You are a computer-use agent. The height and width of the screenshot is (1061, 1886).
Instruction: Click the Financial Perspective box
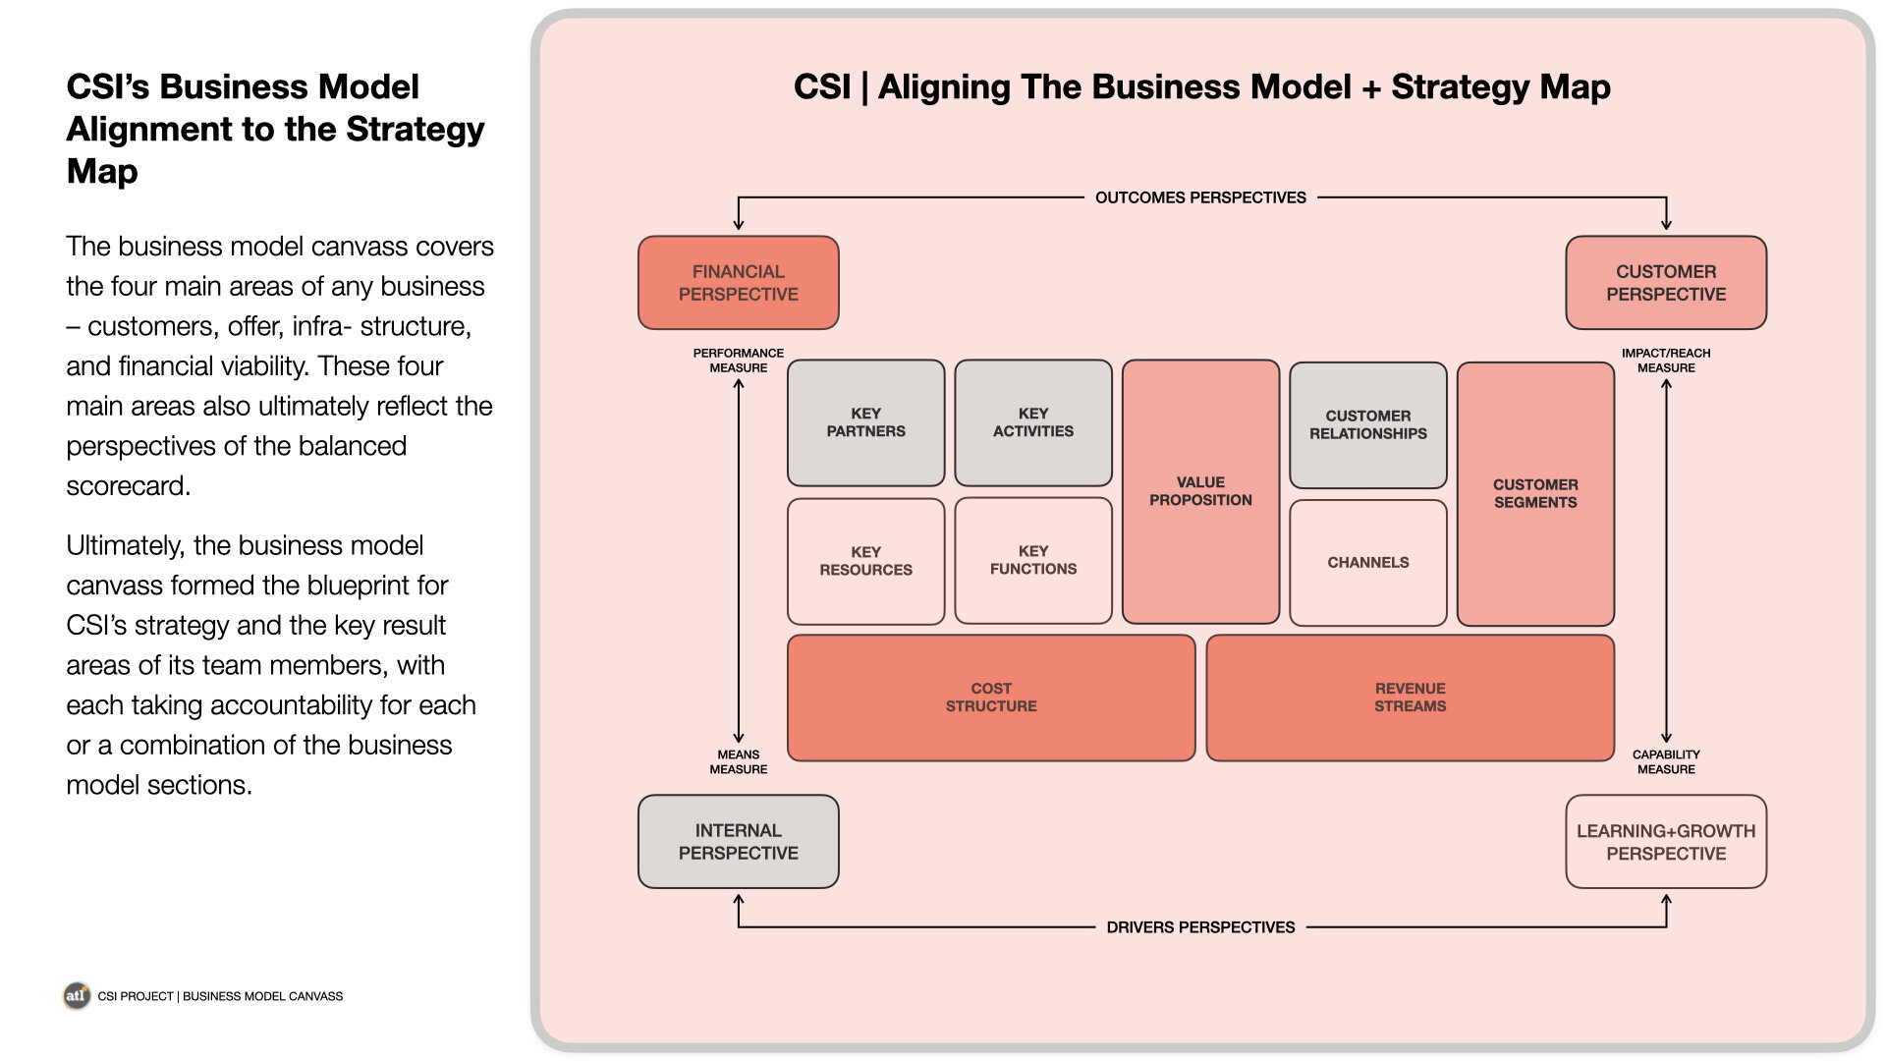(739, 283)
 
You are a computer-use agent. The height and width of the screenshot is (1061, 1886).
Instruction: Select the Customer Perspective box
(1666, 283)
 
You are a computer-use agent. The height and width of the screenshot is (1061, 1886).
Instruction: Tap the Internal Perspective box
(739, 842)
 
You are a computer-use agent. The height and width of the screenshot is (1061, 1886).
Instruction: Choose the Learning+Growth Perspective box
(1666, 842)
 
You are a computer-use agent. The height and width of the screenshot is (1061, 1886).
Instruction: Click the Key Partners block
(866, 422)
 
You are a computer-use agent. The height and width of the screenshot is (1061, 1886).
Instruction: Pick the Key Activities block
(1033, 422)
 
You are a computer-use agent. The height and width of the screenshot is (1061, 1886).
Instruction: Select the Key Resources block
(866, 561)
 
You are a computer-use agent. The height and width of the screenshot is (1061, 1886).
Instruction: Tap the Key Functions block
(1033, 560)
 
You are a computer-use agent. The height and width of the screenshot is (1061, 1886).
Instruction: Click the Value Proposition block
(1200, 491)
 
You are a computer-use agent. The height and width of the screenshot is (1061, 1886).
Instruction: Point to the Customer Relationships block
(1368, 424)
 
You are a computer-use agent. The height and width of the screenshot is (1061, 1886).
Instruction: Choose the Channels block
(1368, 563)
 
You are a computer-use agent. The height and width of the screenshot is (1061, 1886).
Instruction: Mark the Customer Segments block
(1535, 493)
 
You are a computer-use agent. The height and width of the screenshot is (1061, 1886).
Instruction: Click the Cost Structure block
(991, 698)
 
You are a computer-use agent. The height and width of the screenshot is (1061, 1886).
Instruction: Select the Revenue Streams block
(1411, 698)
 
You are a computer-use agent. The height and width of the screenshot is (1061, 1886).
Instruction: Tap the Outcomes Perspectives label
(1200, 197)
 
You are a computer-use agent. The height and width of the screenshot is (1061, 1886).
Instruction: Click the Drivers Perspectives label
(1200, 927)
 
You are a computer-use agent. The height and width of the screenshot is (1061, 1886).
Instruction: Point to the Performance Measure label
(739, 361)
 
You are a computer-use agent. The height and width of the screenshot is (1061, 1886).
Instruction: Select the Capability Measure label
(1666, 762)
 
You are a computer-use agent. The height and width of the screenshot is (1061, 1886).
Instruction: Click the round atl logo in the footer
(77, 995)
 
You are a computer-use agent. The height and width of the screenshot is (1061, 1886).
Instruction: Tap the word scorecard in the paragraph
(127, 486)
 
